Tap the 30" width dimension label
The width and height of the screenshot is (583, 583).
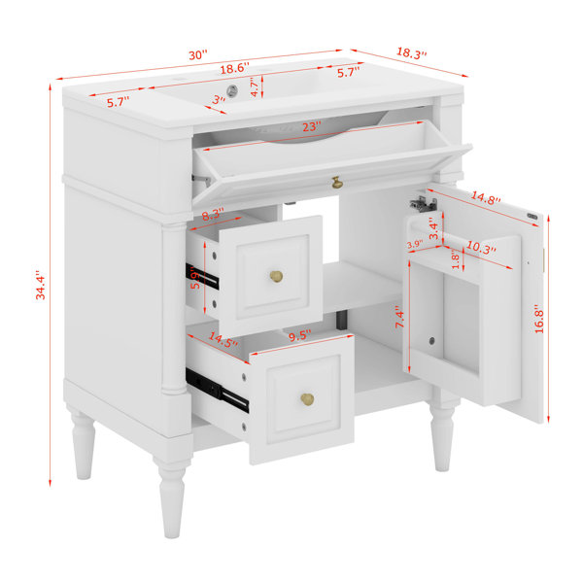coord(198,55)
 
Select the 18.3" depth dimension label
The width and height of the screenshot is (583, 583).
coord(411,52)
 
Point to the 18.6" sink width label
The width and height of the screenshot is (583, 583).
coord(234,68)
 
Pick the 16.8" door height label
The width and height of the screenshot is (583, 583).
coord(539,319)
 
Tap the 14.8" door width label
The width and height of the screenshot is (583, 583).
coord(486,198)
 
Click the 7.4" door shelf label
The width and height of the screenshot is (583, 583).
coord(399,317)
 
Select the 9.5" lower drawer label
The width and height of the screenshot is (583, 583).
coord(299,336)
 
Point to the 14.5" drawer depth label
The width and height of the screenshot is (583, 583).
coord(223,340)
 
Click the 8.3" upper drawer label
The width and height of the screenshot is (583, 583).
coord(213,215)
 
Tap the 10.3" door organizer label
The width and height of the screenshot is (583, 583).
coord(481,248)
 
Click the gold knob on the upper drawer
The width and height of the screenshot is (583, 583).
coord(276,276)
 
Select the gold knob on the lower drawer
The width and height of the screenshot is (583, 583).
coord(307,399)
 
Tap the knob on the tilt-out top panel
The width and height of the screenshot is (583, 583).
coord(337,183)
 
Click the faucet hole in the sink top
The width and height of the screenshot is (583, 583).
coord(232,90)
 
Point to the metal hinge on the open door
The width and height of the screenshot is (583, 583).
coord(423,203)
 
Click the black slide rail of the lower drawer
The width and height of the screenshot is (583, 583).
coord(217,391)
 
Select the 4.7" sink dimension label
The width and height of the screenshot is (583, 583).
coord(255,87)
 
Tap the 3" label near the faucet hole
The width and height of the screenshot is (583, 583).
coord(219,99)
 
